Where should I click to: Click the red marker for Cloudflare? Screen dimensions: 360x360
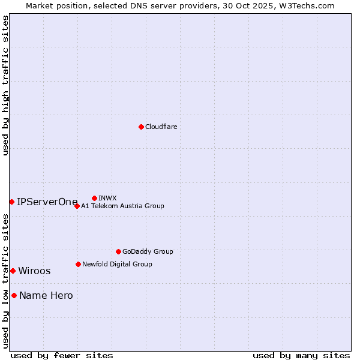point(141,127)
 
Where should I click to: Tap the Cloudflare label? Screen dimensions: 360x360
point(161,127)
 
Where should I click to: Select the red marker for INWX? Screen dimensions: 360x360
point(94,198)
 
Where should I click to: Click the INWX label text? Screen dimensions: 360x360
point(107,198)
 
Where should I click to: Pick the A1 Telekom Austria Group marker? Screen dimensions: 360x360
point(77,206)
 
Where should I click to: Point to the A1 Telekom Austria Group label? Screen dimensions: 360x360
point(122,206)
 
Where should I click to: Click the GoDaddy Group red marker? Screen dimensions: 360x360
point(118,251)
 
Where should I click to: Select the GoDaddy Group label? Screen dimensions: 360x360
point(148,251)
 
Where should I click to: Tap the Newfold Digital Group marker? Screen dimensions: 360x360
point(78,264)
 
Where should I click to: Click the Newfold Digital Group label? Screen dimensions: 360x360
point(117,264)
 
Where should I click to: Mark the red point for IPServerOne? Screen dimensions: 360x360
point(11,202)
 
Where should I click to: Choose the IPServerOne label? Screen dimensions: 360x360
point(47,202)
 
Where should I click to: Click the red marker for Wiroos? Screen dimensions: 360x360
point(13,271)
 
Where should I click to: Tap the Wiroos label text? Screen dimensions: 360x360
point(34,271)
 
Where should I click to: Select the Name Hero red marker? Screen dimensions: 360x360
point(14,295)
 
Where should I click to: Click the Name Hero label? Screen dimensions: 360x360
point(46,295)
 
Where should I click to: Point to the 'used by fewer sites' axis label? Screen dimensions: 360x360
point(62,355)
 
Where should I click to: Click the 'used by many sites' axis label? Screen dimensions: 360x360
point(301,355)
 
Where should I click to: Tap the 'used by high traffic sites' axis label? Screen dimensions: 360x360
point(5,85)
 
